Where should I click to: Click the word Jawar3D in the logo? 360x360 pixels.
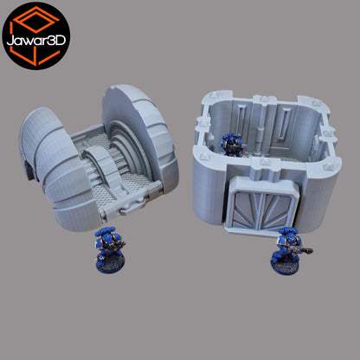pos(36,41)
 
